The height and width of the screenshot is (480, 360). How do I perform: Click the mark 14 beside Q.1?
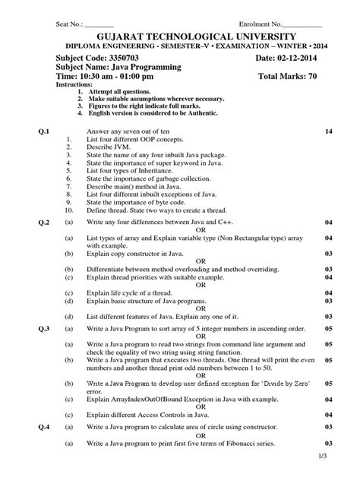click(329, 132)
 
